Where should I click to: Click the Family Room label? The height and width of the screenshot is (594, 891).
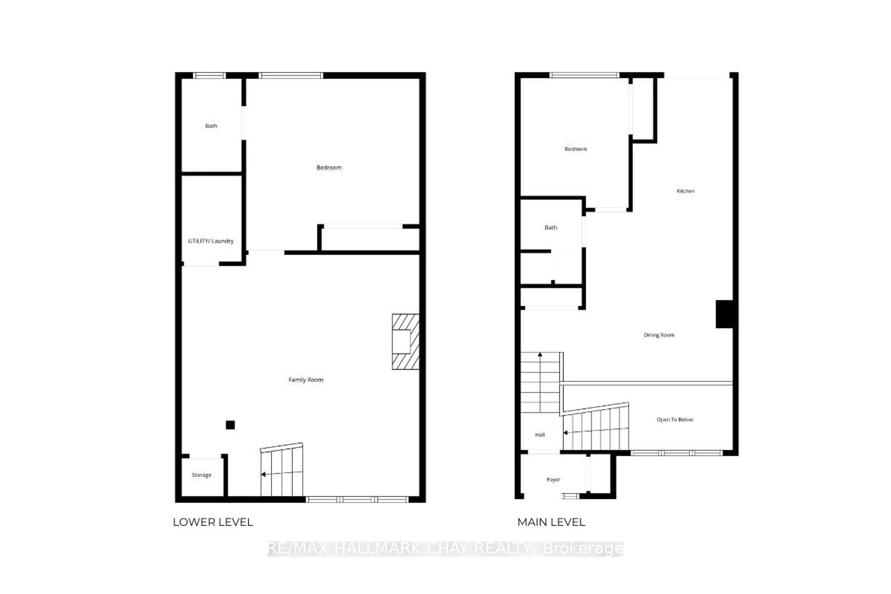click(306, 380)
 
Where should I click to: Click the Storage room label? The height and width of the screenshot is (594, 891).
click(201, 475)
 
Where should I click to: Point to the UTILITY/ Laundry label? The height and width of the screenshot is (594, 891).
click(211, 241)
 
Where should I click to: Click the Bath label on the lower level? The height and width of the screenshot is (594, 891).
click(211, 126)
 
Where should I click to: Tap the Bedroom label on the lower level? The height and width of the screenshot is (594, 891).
click(329, 168)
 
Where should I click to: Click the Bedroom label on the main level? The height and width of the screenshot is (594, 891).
click(575, 149)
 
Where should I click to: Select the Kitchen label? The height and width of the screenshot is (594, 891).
click(685, 191)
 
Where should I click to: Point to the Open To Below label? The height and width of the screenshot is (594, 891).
click(675, 419)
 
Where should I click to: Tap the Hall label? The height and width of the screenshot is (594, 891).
click(540, 435)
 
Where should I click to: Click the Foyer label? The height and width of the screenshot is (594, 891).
click(553, 479)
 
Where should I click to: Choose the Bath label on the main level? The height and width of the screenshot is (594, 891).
click(550, 227)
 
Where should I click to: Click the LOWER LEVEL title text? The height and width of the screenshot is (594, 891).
click(213, 522)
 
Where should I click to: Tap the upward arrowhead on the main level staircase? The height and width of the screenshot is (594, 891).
click(540, 355)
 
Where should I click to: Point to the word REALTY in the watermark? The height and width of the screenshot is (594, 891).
click(503, 548)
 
